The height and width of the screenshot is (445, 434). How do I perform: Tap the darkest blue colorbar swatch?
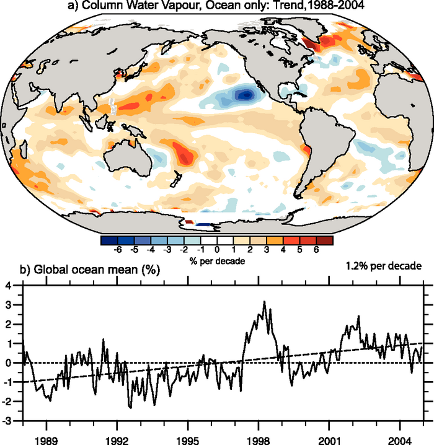coord(108,239)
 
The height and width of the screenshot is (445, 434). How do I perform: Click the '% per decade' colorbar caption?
coord(217,261)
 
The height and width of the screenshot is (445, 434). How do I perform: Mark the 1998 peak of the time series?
coord(264,302)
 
